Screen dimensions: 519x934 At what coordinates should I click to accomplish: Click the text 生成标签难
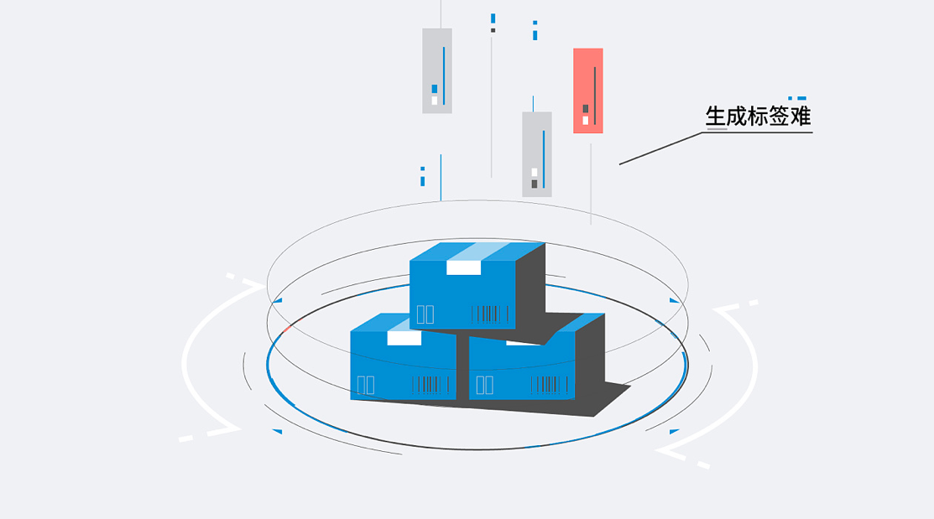(758, 116)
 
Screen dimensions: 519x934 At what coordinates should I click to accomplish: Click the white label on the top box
(463, 267)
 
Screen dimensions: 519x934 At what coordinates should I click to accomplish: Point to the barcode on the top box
(490, 314)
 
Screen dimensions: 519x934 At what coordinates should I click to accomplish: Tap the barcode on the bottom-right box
(550, 385)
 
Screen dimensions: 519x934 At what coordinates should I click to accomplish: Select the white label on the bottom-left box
(404, 338)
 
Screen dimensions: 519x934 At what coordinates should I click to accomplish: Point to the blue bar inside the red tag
(595, 96)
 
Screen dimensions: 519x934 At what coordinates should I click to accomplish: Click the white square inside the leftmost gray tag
(434, 101)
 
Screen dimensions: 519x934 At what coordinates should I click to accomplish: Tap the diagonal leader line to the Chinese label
(660, 148)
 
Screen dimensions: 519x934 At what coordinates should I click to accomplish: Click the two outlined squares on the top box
(425, 314)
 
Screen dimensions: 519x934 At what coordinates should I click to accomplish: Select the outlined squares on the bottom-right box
(484, 385)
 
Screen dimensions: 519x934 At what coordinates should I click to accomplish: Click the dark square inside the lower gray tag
(534, 184)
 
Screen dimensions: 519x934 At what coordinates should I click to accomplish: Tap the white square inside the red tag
(585, 120)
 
